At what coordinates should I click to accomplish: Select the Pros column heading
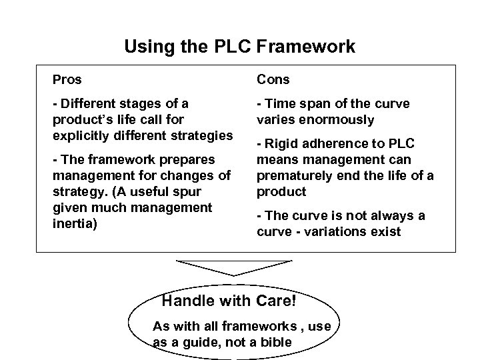click(x=67, y=80)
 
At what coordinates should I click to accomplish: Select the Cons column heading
click(x=273, y=80)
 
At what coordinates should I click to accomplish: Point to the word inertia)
click(x=75, y=223)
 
